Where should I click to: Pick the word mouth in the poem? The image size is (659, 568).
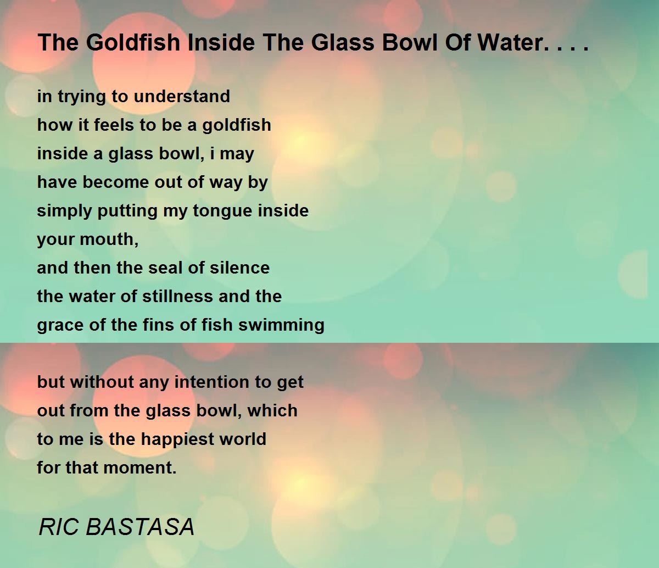click(108, 240)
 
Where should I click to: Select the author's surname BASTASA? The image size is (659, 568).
click(140, 527)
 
